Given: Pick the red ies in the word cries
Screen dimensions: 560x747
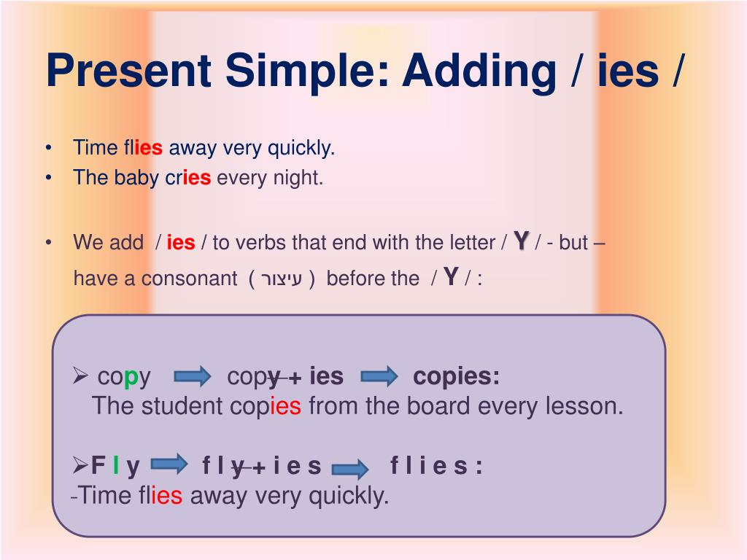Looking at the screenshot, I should click(196, 178).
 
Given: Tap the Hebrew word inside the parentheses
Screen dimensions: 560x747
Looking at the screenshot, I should click(281, 279).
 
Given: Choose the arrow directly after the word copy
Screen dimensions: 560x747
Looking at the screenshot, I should click(193, 377).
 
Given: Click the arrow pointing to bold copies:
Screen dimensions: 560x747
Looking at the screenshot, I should click(379, 377).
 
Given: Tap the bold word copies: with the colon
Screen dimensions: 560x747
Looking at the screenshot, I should click(457, 377).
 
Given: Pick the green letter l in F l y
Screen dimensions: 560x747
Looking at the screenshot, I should click(116, 466).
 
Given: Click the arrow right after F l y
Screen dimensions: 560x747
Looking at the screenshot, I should click(169, 464).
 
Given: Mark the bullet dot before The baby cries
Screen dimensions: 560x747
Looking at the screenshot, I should click(48, 178).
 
